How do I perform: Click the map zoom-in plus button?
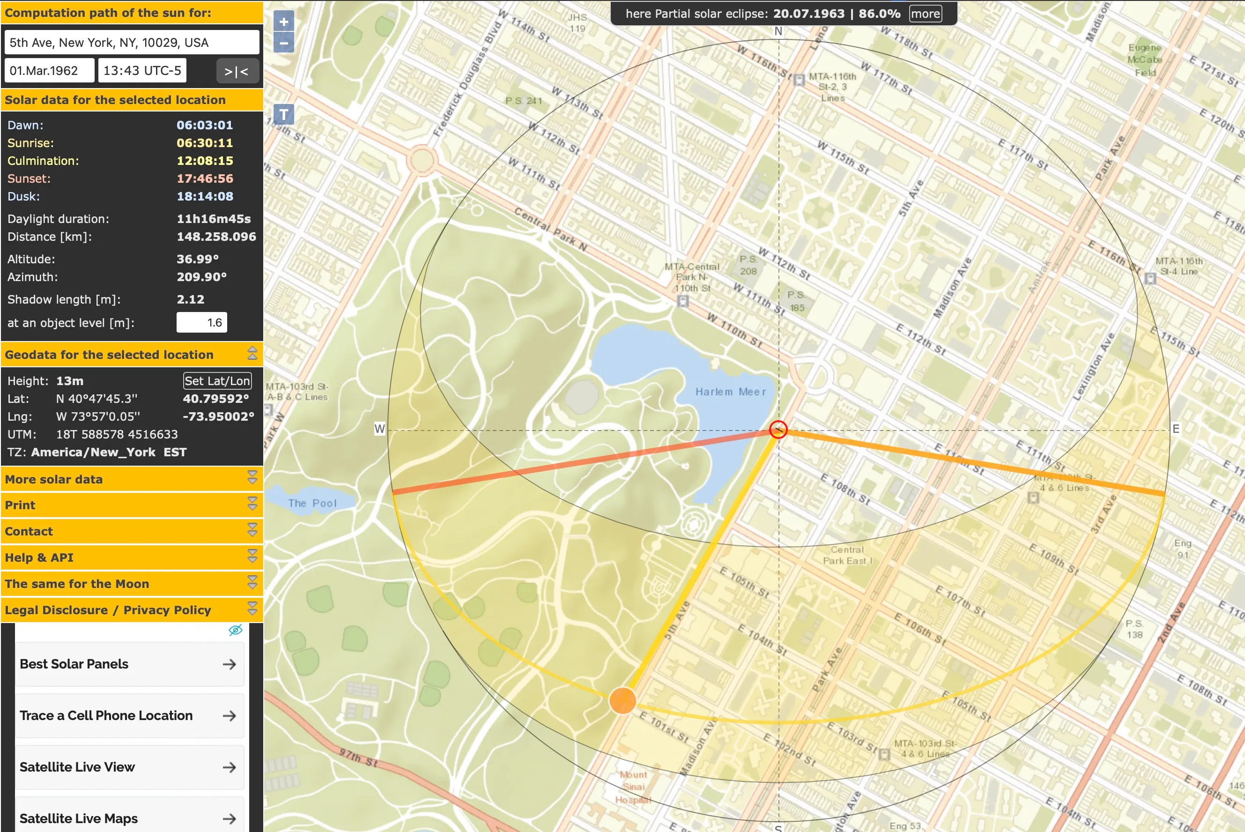point(284,22)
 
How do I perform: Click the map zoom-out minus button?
point(284,43)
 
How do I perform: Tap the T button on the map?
point(284,114)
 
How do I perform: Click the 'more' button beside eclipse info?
point(925,14)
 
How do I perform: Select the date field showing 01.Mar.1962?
point(49,71)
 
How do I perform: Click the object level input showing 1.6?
point(201,323)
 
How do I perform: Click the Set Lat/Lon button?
point(217,381)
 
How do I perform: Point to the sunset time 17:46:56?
point(205,179)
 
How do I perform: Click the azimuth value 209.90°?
point(201,277)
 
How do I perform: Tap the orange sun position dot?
point(622,700)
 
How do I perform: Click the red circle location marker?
point(778,429)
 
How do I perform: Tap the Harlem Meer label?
point(730,392)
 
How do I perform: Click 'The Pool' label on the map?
point(312,503)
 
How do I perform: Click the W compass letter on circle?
point(379,429)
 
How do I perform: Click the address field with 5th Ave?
point(132,43)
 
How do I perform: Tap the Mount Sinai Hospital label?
point(633,787)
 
